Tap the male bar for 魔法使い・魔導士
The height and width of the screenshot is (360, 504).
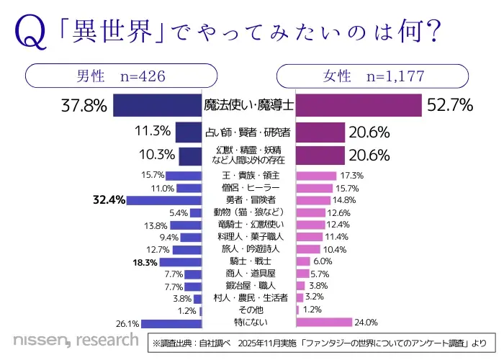click(x=157, y=105)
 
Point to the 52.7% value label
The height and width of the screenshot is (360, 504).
click(x=450, y=105)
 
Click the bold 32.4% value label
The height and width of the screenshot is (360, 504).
click(x=109, y=199)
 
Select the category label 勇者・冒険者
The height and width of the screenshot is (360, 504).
click(x=248, y=199)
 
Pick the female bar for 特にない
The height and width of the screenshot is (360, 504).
click(x=324, y=322)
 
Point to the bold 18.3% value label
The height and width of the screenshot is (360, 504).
click(x=144, y=262)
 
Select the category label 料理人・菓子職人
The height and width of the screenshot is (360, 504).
click(x=248, y=236)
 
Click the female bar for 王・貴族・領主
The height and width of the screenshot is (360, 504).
click(x=317, y=175)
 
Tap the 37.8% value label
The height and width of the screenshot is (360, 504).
click(x=85, y=105)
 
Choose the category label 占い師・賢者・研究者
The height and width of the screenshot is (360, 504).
click(x=248, y=132)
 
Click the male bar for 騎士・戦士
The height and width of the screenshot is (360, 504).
click(x=181, y=261)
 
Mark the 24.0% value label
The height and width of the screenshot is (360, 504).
click(x=368, y=322)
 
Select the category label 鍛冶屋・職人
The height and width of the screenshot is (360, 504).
click(x=248, y=286)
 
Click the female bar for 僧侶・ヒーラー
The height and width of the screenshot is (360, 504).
click(x=315, y=187)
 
